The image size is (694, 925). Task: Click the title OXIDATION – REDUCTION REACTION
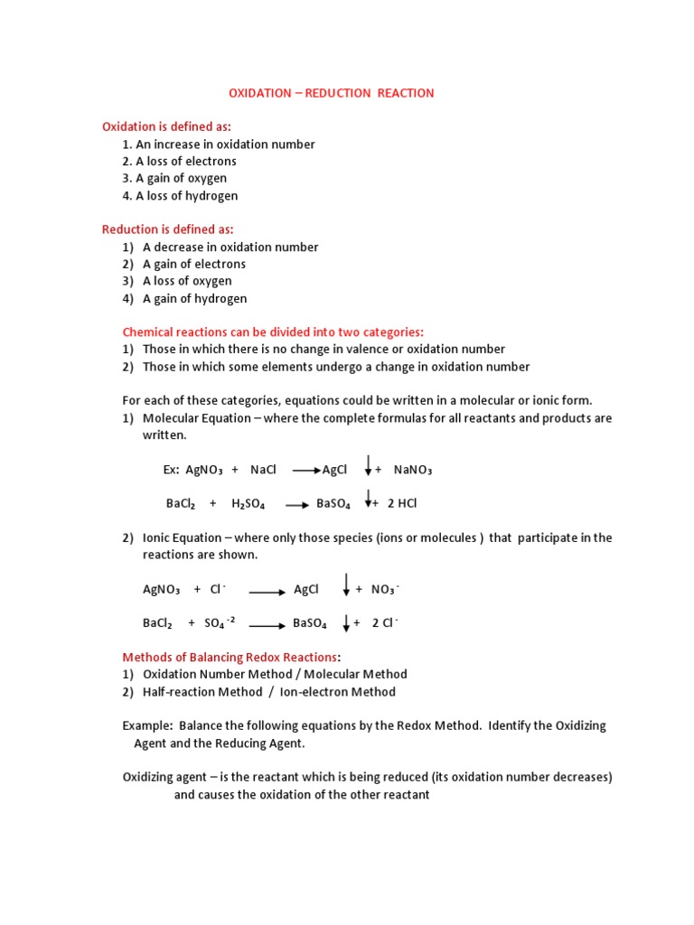pos(331,93)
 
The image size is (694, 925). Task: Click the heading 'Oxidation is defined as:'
pos(173,126)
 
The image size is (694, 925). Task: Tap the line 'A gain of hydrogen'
pos(194,298)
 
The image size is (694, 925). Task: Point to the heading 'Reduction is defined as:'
pos(173,229)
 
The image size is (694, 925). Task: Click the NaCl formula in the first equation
pos(263,470)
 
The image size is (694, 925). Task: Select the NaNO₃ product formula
pos(413,470)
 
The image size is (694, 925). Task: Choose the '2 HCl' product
pos(401,503)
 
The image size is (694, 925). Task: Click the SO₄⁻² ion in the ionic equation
pos(220,622)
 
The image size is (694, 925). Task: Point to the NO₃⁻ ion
pos(384,589)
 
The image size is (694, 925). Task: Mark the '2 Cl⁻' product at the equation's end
pos(385,622)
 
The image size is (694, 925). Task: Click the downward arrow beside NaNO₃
pos(368,465)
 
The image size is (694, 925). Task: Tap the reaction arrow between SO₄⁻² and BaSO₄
pos(268,623)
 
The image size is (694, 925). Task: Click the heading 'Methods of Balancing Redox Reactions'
pos(230,656)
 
